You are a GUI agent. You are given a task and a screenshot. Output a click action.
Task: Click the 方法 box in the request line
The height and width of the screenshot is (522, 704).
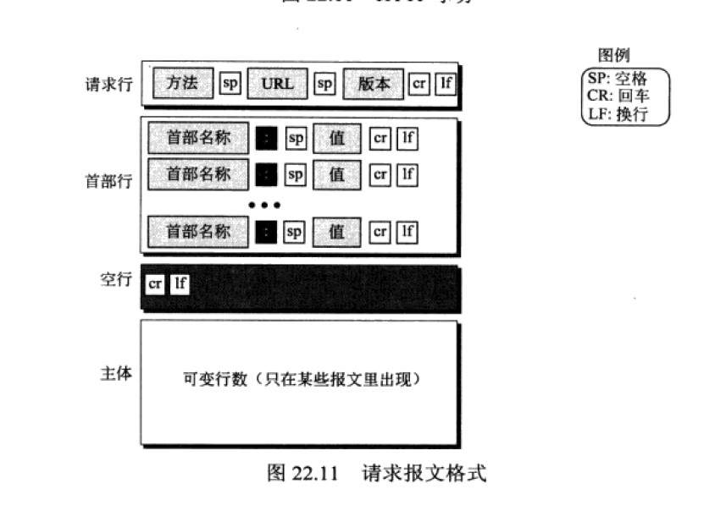[183, 84]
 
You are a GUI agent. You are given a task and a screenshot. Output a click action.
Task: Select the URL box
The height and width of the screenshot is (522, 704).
[277, 84]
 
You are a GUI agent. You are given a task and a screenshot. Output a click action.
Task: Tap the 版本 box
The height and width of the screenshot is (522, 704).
[373, 84]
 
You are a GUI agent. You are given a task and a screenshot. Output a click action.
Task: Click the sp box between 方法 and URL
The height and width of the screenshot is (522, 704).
[230, 84]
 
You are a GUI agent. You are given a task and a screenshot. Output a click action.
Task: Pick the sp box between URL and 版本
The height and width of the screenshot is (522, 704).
[325, 84]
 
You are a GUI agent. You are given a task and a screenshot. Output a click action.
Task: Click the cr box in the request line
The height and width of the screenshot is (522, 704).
[419, 84]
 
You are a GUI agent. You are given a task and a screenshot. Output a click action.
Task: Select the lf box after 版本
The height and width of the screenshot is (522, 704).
[446, 84]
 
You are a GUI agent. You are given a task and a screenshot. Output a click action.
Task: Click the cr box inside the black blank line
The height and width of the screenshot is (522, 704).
[155, 283]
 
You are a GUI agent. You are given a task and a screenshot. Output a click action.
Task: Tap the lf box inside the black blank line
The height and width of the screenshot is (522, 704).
[180, 283]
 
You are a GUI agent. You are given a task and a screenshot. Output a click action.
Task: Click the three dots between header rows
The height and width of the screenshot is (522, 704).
[263, 205]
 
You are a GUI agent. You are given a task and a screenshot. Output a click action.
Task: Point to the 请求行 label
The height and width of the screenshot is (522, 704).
[108, 85]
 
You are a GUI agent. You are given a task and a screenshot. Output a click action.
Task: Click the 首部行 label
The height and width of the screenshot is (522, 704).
[108, 181]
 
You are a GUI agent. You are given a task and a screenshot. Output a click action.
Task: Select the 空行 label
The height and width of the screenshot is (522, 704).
[116, 280]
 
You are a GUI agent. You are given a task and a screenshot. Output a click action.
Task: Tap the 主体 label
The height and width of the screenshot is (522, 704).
[116, 373]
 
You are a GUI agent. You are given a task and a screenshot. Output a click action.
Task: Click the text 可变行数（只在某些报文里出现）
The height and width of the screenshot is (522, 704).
[302, 380]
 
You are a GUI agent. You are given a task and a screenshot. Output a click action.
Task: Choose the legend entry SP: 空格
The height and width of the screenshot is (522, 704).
[617, 79]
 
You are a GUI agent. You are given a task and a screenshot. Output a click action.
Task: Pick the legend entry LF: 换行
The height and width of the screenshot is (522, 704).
[617, 113]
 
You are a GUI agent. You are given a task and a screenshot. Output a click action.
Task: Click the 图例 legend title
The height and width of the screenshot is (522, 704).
[614, 56]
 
